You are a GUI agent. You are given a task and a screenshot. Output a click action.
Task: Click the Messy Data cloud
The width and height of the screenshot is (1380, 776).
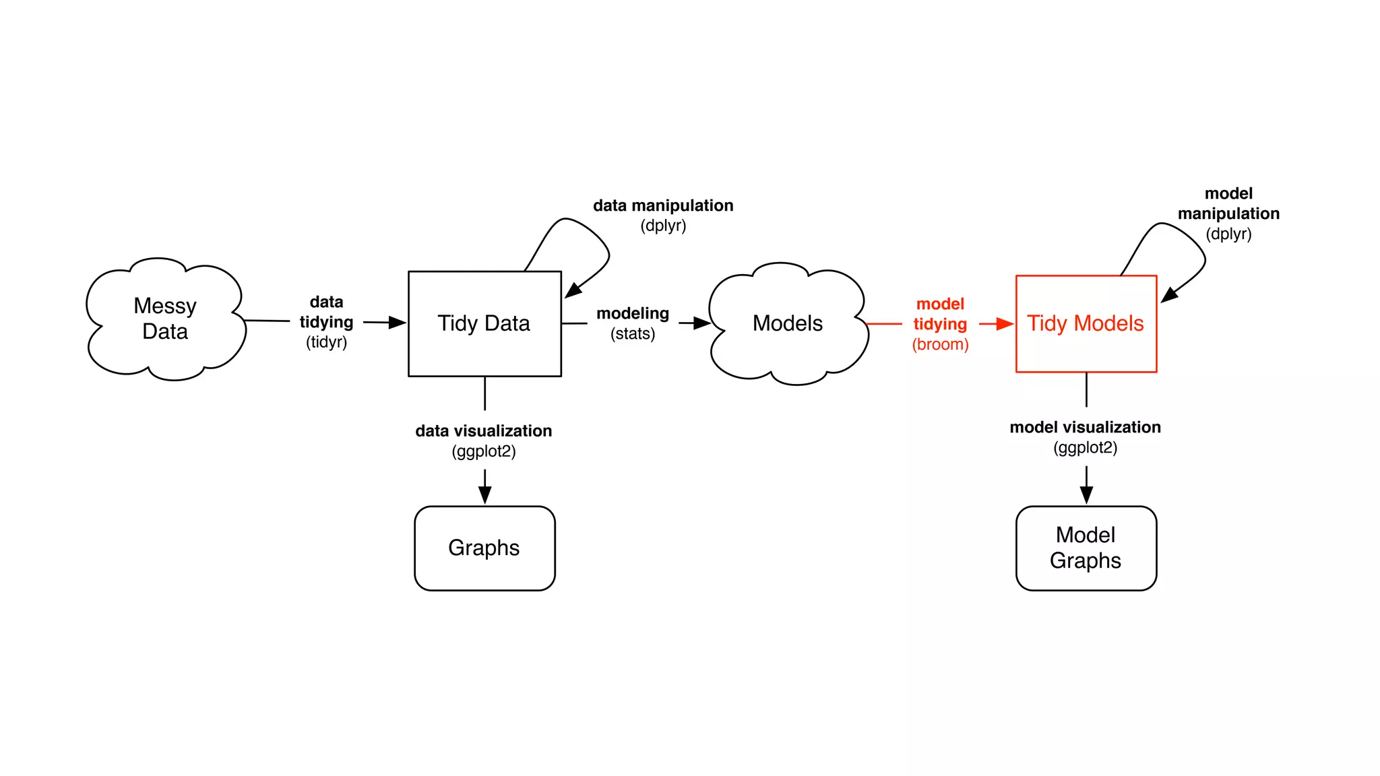165,319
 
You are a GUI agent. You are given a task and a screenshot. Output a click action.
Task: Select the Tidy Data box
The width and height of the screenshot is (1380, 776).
484,324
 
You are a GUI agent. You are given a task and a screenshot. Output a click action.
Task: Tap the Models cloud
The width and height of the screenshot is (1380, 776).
787,324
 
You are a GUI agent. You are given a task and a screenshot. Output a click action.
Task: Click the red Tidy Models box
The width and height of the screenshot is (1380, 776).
1086,324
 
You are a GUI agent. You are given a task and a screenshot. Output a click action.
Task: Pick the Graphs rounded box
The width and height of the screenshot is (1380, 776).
484,548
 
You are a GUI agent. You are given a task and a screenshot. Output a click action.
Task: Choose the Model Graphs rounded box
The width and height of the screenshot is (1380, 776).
1086,548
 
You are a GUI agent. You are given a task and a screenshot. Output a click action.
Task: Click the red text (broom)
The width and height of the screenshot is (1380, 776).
940,345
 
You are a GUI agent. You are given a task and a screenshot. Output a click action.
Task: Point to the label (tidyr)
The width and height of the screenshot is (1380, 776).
326,342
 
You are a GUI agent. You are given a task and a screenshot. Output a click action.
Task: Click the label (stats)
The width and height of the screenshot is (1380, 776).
632,334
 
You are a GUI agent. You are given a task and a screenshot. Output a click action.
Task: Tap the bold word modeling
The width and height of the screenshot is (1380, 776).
632,313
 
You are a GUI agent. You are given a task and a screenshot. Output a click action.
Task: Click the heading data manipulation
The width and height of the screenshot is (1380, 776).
663,205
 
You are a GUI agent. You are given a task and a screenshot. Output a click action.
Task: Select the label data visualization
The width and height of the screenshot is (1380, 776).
483,431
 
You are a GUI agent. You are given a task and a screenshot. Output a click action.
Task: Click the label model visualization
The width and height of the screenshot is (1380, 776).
1085,428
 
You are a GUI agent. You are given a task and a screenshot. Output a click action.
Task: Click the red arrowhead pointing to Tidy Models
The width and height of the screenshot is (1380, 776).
1005,324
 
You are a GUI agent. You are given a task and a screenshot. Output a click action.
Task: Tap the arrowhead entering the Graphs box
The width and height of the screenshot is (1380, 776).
484,495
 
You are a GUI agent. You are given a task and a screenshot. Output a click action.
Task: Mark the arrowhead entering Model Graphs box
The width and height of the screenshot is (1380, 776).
1086,495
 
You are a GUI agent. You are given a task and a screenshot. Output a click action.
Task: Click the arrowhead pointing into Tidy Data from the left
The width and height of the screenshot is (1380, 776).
398,323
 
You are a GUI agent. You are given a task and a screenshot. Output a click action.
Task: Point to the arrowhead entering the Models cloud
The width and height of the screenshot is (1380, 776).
702,323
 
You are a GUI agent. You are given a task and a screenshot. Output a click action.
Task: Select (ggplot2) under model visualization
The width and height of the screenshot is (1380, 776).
1085,448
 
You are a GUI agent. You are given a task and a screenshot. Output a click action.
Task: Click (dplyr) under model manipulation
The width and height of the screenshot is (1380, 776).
1228,234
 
